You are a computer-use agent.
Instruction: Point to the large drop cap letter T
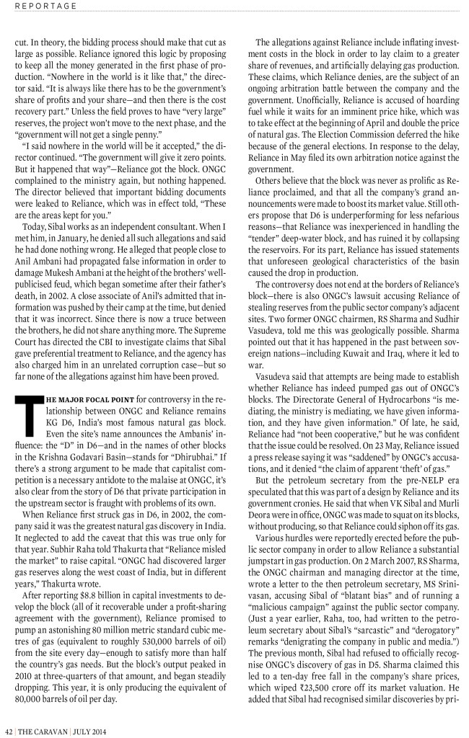pos(25,415)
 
